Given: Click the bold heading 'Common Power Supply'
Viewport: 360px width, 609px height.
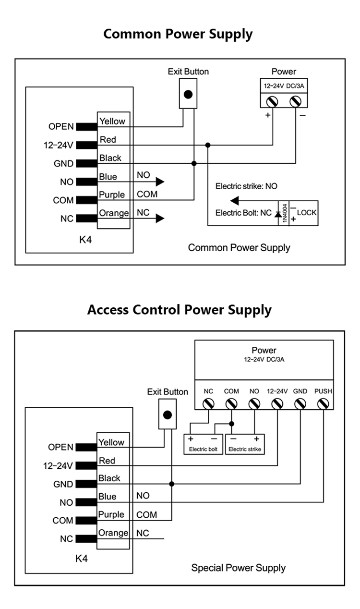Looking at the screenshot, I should click(178, 34).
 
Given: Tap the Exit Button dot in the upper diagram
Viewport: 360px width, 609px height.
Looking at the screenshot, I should click(188, 95).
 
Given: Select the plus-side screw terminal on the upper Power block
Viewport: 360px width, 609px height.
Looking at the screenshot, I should click(273, 101).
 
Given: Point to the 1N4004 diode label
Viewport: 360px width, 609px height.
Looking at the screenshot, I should click(285, 212).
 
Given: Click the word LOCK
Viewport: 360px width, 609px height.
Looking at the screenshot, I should click(307, 212).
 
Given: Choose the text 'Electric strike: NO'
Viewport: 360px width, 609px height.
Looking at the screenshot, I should click(246, 186).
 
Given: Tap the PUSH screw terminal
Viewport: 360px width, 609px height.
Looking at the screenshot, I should click(323, 404).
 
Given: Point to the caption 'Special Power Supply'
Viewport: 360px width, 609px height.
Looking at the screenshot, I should click(238, 568).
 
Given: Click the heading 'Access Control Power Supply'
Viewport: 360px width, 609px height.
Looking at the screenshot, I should click(180, 310).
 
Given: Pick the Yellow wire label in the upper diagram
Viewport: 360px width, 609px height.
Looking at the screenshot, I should click(112, 122).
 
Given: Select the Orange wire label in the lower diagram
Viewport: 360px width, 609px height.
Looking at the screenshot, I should click(113, 533).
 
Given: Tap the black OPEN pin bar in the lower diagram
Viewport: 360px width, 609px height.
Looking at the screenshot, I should click(86, 448).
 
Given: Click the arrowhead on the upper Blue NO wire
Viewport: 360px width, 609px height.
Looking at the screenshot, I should click(160, 182).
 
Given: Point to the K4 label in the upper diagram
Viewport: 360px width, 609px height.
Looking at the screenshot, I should click(85, 240).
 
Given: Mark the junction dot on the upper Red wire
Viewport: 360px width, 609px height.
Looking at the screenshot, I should click(208, 145).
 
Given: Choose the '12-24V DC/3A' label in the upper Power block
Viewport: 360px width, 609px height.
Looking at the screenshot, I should click(284, 86).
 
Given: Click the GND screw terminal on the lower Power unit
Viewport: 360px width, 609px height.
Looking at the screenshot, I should click(300, 404).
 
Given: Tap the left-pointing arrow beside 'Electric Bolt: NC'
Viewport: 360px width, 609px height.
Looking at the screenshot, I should click(235, 200).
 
